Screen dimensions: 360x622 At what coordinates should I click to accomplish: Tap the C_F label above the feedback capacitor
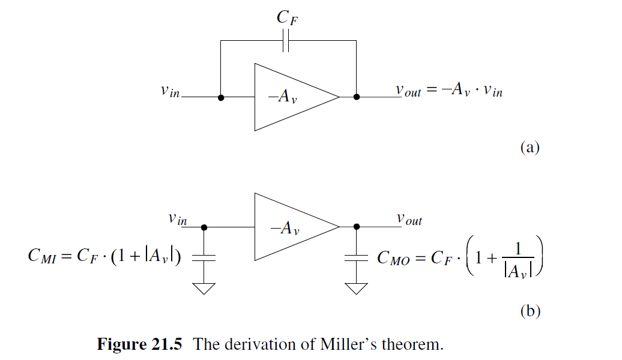tap(288, 18)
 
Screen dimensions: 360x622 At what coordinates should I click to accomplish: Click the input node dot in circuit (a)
tap(221, 97)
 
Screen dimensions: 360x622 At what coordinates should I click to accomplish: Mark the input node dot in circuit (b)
tap(204, 227)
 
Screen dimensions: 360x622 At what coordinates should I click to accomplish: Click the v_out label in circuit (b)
tap(409, 220)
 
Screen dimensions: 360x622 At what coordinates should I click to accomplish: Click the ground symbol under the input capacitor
tap(204, 288)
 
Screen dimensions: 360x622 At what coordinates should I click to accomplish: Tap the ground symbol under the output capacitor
tap(357, 288)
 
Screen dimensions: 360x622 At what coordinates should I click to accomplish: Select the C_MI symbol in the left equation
tap(44, 257)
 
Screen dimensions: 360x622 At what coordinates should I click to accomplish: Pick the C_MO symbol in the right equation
tap(393, 259)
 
